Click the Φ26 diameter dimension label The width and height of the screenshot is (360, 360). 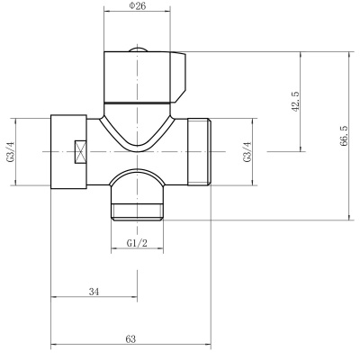coord(138,5)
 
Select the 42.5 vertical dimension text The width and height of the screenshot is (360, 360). coord(296,102)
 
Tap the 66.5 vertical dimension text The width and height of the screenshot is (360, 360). coord(344,136)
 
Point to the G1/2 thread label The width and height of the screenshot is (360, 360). coord(137,243)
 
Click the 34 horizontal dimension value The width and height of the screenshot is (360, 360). coord(94,292)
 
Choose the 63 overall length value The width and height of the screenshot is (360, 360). coord(130,339)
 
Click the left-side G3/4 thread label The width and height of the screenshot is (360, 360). coord(11,152)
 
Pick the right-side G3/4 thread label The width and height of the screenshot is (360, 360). coord(247,152)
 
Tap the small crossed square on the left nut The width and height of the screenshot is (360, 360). coord(81,152)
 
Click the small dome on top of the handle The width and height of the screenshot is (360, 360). coord(138,49)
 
